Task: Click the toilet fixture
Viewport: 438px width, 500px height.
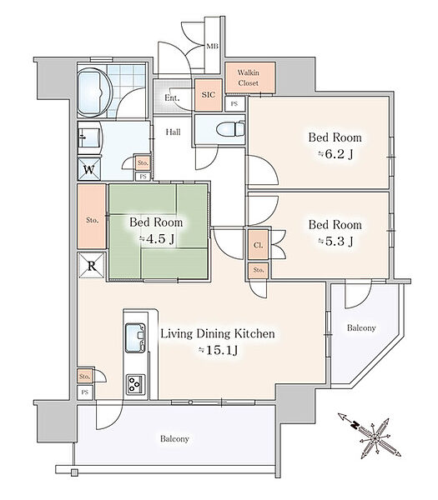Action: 230,130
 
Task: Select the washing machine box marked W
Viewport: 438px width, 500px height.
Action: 89,169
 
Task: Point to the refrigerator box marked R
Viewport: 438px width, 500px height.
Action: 91,265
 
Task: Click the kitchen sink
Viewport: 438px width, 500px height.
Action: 135,338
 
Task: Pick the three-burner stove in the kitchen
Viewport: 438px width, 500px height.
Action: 135,383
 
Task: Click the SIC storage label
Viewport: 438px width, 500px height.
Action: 208,95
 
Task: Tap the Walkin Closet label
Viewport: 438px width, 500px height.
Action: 248,77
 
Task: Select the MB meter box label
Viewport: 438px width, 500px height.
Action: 212,47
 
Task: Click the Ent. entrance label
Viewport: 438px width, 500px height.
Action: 172,97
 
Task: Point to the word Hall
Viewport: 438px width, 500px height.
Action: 173,132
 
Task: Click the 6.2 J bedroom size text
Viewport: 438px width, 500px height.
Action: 335,154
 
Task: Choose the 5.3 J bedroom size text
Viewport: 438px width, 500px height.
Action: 335,242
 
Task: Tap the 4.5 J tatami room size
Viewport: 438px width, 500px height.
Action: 157,238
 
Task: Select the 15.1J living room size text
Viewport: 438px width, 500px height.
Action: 218,350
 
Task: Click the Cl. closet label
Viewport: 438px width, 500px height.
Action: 258,245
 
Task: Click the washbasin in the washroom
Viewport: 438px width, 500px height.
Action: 90,137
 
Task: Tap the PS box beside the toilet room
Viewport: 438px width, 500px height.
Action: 234,104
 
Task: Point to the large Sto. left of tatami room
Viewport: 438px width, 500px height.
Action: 92,220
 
